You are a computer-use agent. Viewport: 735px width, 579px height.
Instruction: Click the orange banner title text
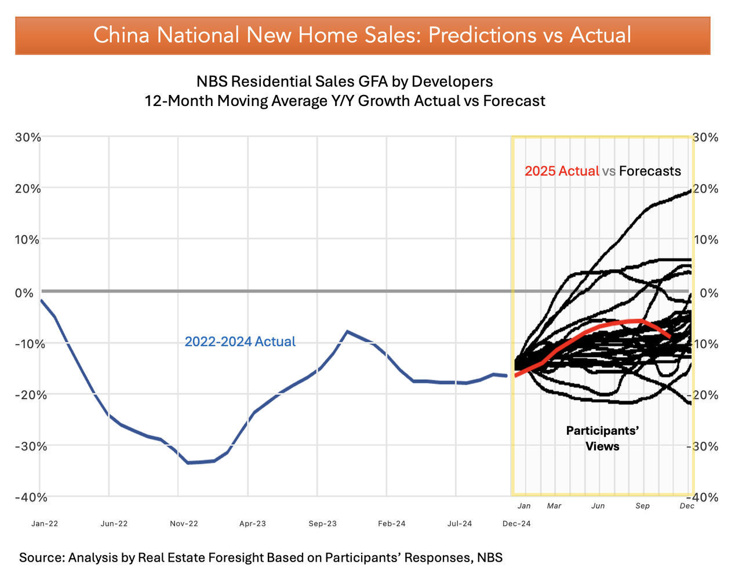pos(362,35)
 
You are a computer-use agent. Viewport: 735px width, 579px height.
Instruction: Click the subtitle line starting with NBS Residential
pos(344,81)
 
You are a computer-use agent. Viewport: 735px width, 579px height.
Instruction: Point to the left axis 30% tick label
pos(28,138)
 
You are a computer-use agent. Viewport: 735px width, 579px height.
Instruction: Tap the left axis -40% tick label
pos(26,497)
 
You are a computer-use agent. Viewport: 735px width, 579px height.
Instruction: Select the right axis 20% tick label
pos(705,189)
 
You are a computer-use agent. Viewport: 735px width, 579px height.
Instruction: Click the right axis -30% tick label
pos(703,446)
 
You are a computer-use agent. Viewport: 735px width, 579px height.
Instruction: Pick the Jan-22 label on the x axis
pos(45,523)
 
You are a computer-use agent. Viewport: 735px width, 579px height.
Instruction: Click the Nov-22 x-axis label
pos(184,523)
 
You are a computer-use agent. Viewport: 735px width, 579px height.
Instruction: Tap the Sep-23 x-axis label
pos(323,523)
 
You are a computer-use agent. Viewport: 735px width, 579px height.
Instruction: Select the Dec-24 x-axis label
pos(516,523)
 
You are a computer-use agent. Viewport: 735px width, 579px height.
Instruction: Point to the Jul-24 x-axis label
pos(460,523)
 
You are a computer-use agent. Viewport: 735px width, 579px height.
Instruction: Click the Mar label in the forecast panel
pos(554,506)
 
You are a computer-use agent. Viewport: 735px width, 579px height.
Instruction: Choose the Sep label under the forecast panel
pos(642,506)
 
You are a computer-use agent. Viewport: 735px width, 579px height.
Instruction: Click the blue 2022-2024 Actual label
pos(240,342)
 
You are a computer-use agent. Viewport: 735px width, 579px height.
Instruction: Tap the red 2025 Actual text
pos(561,171)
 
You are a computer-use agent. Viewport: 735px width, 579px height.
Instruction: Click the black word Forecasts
pos(650,171)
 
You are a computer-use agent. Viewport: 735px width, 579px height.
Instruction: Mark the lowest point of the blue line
pos(188,463)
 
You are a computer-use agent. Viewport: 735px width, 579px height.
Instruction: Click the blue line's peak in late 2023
pos(347,331)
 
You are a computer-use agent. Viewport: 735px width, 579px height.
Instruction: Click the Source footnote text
pos(261,558)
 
